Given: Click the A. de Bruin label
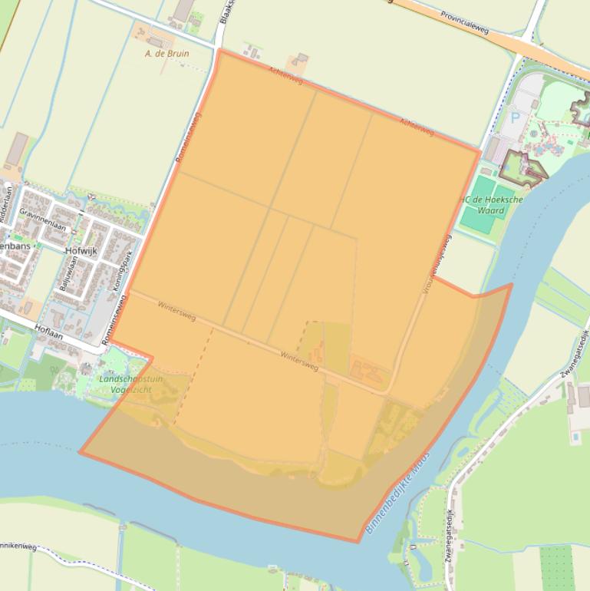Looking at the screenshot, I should [166, 54].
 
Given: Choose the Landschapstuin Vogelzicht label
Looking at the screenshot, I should [126, 385].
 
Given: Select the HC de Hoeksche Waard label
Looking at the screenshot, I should [491, 204].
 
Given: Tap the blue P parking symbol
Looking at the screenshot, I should [515, 119].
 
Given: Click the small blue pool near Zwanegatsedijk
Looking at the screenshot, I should [575, 436].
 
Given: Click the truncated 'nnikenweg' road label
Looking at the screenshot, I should [19, 546].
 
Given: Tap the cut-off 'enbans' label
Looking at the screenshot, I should [15, 247].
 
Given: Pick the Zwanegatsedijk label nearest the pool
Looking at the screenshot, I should [574, 352].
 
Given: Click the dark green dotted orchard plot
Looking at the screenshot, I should [558, 569].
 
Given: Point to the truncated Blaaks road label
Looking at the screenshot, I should [224, 12].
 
